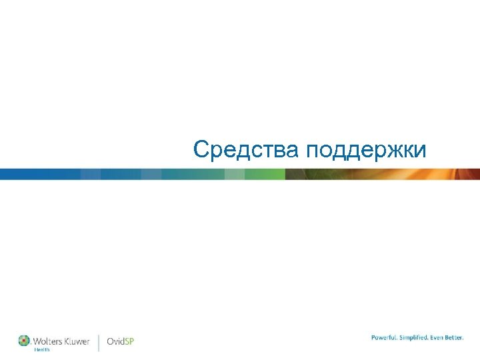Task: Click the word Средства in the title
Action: pyautogui.click(x=246, y=149)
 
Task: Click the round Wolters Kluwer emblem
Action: pyautogui.click(x=24, y=340)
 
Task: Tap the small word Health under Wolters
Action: pyautogui.click(x=42, y=350)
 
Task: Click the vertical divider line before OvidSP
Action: pyautogui.click(x=99, y=342)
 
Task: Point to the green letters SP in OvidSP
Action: pyautogui.click(x=129, y=342)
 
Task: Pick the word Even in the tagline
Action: pyautogui.click(x=439, y=337)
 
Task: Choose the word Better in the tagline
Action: pyautogui.click(x=455, y=337)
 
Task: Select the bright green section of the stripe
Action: pyautogui.click(x=263, y=174)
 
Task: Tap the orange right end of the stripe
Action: pyautogui.click(x=460, y=174)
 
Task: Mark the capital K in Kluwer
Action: pyautogui.click(x=67, y=341)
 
